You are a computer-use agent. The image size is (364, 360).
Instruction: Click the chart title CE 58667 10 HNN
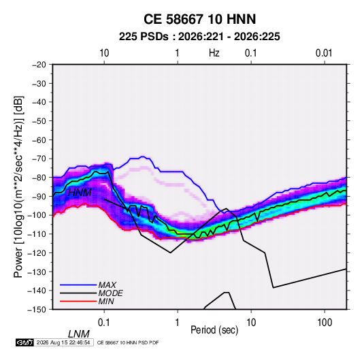click(x=199, y=19)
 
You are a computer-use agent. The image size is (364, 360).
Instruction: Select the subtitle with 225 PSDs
click(x=199, y=37)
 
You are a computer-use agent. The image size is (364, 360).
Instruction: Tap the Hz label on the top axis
click(x=214, y=53)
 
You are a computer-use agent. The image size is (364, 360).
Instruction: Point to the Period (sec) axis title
click(x=214, y=329)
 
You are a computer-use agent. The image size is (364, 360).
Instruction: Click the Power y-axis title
click(x=18, y=186)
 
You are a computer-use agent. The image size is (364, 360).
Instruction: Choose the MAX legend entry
click(x=107, y=284)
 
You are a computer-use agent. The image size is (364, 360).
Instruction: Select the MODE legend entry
click(x=110, y=293)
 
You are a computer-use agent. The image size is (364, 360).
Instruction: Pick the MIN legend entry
click(x=106, y=301)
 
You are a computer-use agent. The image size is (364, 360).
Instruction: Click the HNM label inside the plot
click(x=80, y=193)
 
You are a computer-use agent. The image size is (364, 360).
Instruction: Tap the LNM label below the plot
click(x=78, y=334)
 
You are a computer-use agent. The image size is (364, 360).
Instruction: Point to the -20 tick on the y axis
click(x=39, y=65)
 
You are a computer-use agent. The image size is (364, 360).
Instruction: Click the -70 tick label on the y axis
click(x=39, y=159)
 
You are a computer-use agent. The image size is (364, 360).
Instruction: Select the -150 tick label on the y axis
click(x=37, y=310)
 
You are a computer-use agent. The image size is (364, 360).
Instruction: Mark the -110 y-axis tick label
click(x=37, y=234)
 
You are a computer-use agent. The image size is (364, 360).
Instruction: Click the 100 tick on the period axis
click(x=325, y=323)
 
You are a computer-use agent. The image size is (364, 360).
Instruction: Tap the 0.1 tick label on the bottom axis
click(x=104, y=323)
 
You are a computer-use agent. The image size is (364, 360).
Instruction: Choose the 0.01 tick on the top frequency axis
click(x=324, y=53)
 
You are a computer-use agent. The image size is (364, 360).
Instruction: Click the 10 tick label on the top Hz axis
click(x=104, y=53)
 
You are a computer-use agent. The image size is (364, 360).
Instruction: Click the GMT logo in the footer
click(x=24, y=342)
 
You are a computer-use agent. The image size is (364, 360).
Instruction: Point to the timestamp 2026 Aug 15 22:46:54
click(x=63, y=342)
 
